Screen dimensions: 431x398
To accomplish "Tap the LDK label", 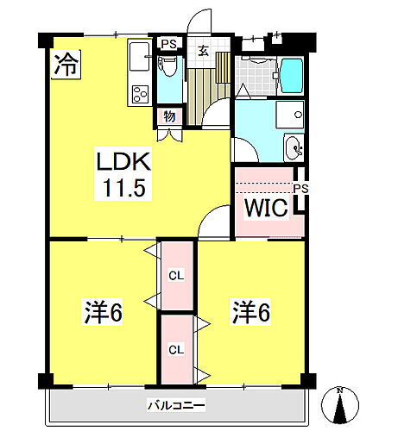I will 123,161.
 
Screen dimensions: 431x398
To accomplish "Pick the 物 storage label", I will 167,115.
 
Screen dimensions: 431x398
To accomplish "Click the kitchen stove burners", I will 139,94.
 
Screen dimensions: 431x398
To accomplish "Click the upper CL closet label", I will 175,276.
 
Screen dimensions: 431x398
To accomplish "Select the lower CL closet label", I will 175,350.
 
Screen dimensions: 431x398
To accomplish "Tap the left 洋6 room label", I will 103,311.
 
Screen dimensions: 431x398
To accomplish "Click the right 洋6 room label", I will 250,311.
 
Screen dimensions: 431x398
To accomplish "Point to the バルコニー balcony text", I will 174,403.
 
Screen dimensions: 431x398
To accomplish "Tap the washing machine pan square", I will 291,115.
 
